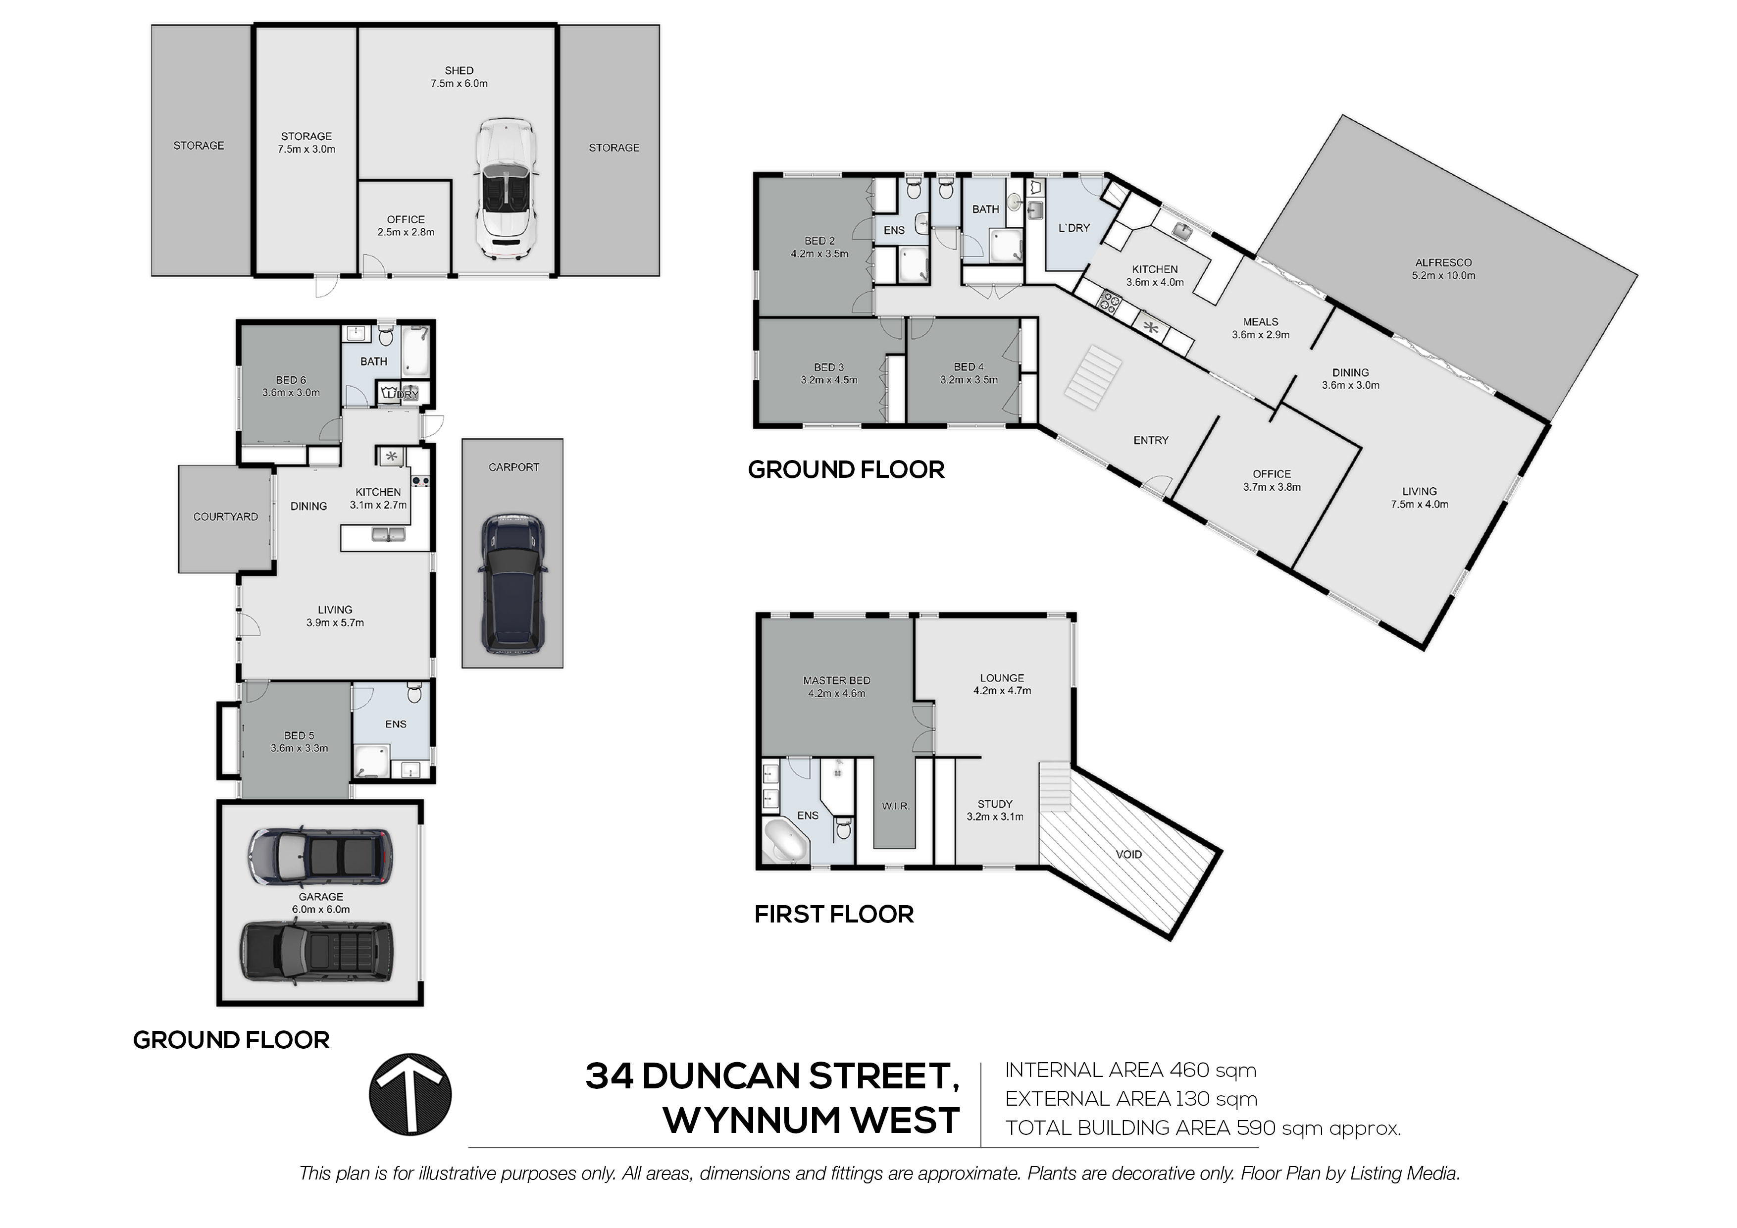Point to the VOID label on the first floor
[1129, 854]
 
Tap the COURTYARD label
[225, 517]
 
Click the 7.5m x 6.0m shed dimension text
[459, 83]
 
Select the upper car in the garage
[321, 856]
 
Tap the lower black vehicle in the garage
[317, 953]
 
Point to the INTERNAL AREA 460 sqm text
[1130, 1071]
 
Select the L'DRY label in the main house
[1073, 228]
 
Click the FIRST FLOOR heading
[834, 915]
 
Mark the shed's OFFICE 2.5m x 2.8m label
[406, 225]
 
